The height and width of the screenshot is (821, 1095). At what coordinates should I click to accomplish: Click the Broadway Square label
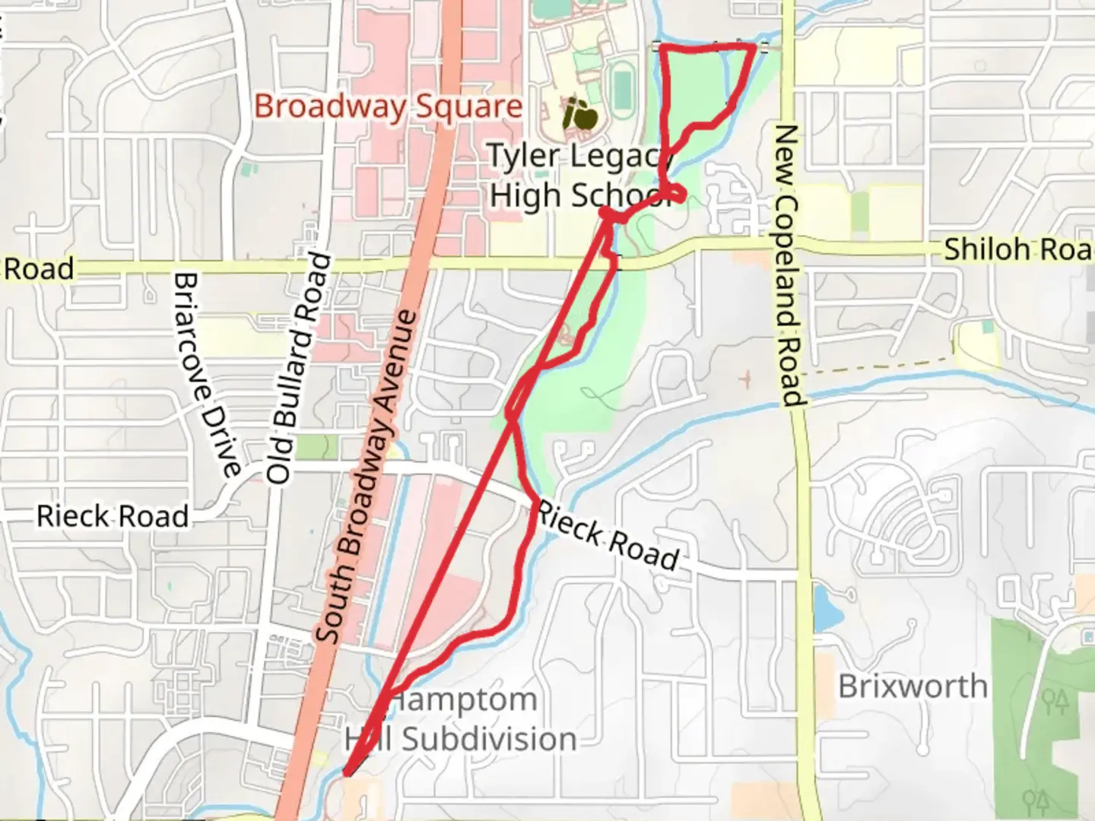pos(388,107)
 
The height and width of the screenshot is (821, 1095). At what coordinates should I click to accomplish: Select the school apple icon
pos(579,115)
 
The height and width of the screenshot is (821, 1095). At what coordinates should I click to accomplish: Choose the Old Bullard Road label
pos(300,368)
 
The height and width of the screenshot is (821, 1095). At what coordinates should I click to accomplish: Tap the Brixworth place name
pos(912,686)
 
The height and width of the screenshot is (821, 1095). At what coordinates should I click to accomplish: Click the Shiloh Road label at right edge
pos(1017,249)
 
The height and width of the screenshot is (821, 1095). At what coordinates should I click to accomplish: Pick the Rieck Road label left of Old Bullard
pos(113,516)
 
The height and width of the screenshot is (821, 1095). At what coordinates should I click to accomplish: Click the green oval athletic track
pos(622,88)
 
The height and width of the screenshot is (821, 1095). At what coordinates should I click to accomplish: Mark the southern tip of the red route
pos(347,773)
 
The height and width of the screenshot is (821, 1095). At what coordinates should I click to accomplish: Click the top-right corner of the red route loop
pos(753,48)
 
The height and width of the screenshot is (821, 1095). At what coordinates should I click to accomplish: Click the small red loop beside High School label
pos(676,195)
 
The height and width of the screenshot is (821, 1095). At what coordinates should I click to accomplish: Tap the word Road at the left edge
pos(38,269)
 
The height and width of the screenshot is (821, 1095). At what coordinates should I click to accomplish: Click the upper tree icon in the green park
pos(1055,701)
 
